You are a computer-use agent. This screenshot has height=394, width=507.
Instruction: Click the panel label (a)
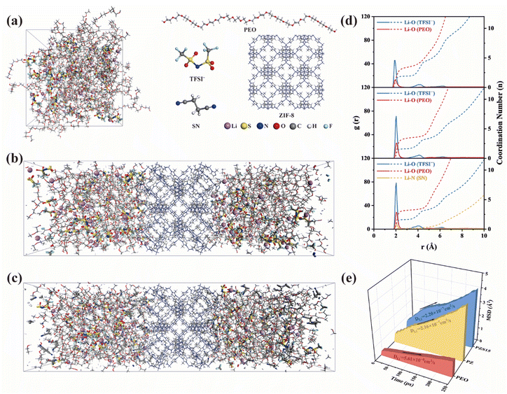pos(13,21)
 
